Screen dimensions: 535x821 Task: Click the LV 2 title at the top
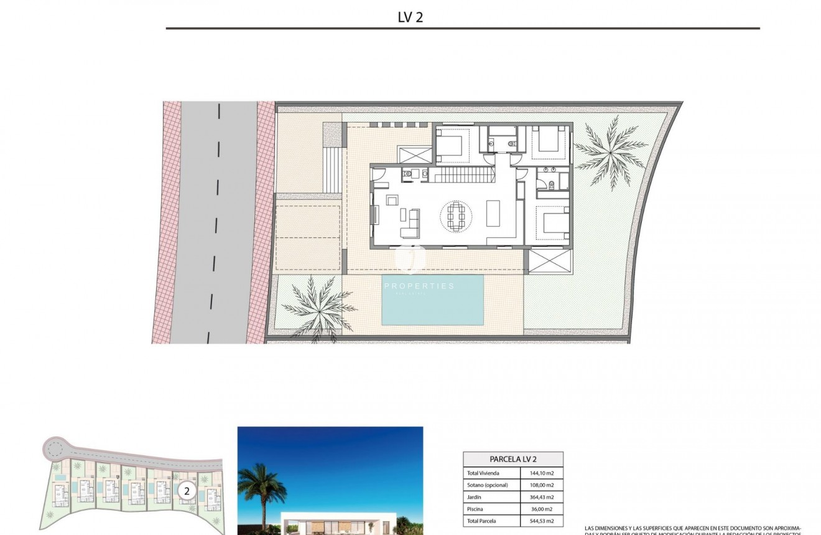tap(410, 17)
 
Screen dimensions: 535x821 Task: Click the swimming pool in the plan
tap(432, 300)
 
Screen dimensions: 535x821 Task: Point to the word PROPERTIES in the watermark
tap(419, 286)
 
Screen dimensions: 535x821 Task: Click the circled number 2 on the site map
tap(186, 491)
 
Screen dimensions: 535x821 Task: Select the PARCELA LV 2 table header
tap(513, 459)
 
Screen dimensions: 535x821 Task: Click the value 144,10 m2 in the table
tap(541, 473)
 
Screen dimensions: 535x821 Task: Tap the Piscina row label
tap(476, 509)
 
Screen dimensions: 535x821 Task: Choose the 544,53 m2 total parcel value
tap(541, 521)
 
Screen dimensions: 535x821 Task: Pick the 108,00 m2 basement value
tap(541, 485)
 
